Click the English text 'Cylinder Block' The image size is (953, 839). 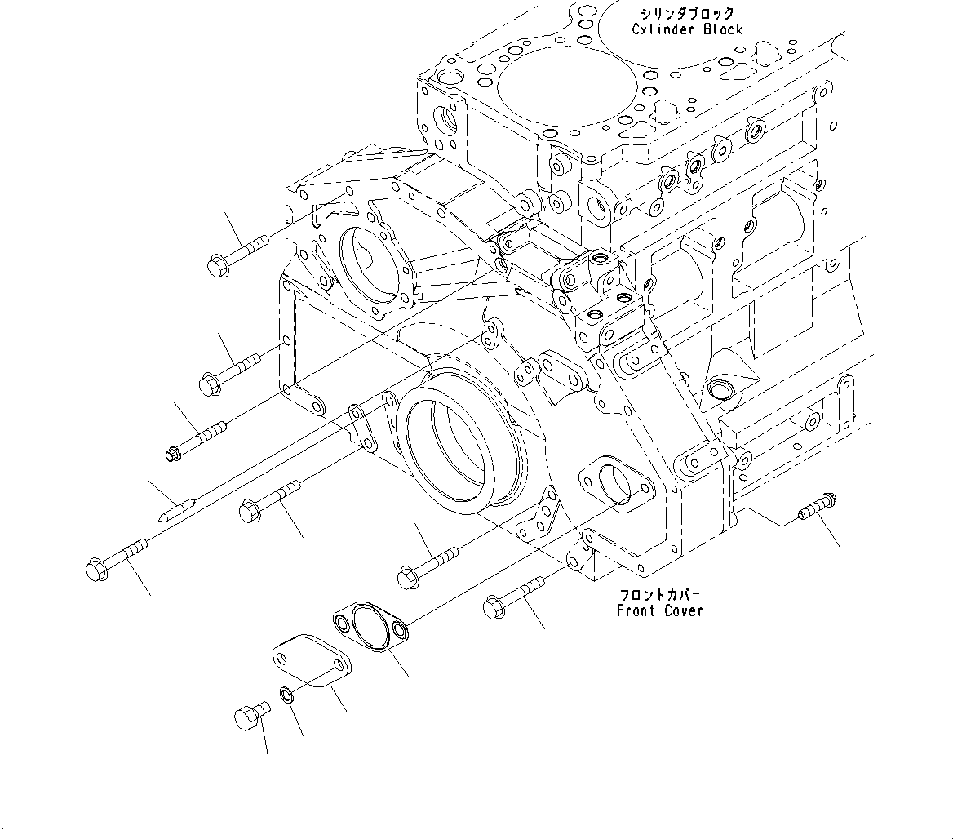point(687,29)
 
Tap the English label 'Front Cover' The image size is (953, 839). point(659,610)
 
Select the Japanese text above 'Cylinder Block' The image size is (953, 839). point(687,14)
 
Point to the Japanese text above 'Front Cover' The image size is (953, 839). point(659,595)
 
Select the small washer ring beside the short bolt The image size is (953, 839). point(286,695)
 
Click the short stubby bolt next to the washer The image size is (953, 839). point(249,715)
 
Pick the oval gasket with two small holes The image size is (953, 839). point(370,625)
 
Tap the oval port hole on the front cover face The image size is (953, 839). point(614,484)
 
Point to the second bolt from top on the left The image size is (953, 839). point(228,370)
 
